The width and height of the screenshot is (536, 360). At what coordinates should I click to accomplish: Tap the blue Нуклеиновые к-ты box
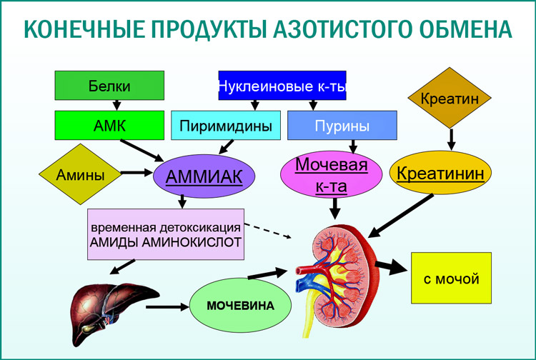[x=282, y=86]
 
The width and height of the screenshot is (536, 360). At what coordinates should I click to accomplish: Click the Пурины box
[x=342, y=126]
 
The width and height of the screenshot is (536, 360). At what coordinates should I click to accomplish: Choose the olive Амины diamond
[x=79, y=174]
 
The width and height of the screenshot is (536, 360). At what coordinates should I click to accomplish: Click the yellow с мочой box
[x=451, y=278]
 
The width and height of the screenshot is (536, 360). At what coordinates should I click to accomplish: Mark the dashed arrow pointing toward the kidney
[x=272, y=230]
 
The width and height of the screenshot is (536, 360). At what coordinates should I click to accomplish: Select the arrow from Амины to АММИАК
[x=137, y=173]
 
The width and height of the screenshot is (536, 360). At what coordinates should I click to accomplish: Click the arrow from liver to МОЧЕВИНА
[x=167, y=308]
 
